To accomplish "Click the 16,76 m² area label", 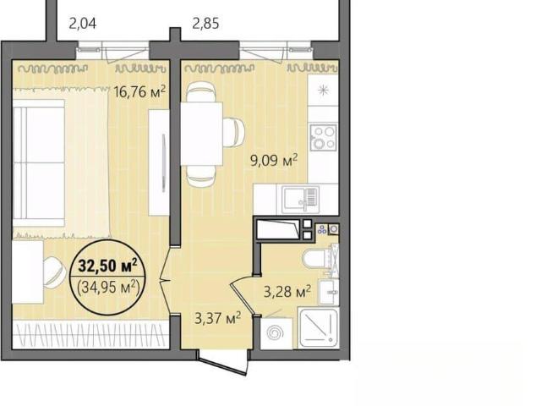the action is pyautogui.click(x=139, y=91).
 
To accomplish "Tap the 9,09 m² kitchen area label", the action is pyautogui.click(x=274, y=161).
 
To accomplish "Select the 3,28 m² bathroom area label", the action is pyautogui.click(x=287, y=292).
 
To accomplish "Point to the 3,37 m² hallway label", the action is pyautogui.click(x=218, y=318).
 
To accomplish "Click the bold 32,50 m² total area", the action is pyautogui.click(x=108, y=265).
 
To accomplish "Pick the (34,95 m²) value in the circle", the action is pyautogui.click(x=108, y=287).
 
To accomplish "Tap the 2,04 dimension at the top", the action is pyautogui.click(x=83, y=24).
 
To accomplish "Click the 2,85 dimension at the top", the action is pyautogui.click(x=205, y=24).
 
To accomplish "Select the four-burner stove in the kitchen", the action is pyautogui.click(x=323, y=137).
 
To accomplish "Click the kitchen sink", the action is pyautogui.click(x=300, y=200).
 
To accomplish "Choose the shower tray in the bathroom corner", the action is pyautogui.click(x=319, y=328).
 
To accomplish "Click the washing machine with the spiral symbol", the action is pyautogui.click(x=276, y=333).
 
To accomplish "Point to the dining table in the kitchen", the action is pyautogui.click(x=201, y=134).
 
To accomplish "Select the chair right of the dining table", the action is pyautogui.click(x=233, y=132).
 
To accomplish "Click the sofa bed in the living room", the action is pyautogui.click(x=39, y=163).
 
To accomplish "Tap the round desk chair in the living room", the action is pyautogui.click(x=54, y=272).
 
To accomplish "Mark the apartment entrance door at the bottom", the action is pyautogui.click(x=223, y=361).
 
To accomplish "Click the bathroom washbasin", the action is pyautogui.click(x=329, y=292).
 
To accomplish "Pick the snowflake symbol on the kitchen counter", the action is pyautogui.click(x=323, y=91).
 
